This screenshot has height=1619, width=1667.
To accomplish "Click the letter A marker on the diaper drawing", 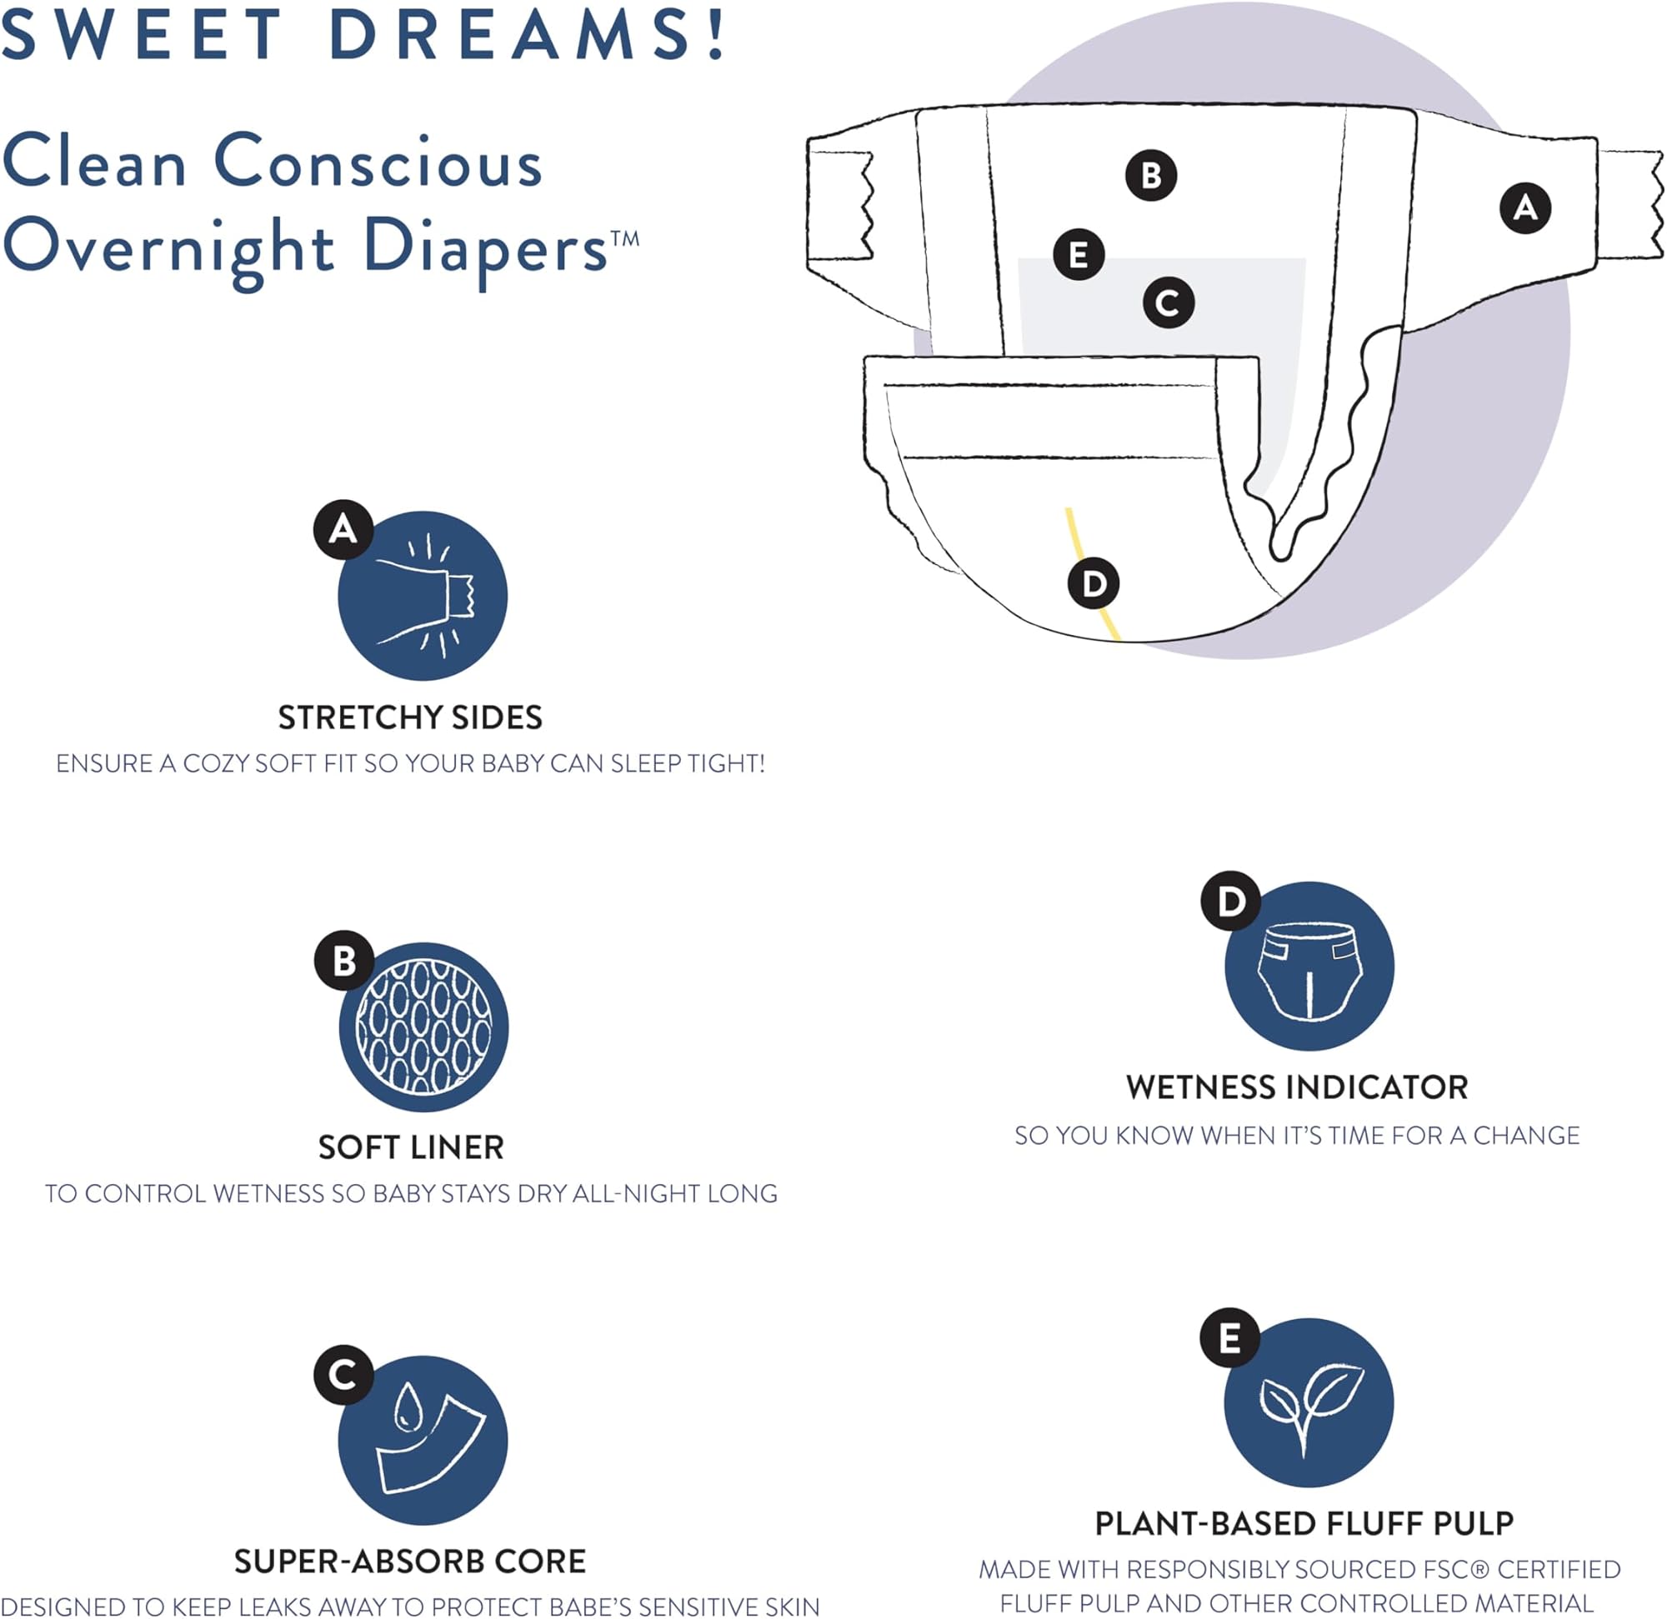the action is click(x=1525, y=207).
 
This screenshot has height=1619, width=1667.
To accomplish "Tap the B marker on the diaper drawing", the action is click(x=1151, y=175).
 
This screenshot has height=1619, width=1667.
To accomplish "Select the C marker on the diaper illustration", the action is click(x=1169, y=302).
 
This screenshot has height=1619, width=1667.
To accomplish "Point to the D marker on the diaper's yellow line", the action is click(x=1093, y=583).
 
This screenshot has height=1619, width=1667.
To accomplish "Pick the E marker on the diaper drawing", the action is click(x=1079, y=254).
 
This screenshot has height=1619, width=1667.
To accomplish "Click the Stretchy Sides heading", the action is click(x=410, y=717).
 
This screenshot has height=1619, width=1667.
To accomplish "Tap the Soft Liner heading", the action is click(x=411, y=1148).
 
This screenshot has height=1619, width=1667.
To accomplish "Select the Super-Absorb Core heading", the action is click(x=410, y=1562).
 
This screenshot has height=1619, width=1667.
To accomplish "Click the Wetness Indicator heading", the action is click(x=1297, y=1087).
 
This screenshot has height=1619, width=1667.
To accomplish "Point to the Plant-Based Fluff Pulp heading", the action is click(x=1304, y=1524).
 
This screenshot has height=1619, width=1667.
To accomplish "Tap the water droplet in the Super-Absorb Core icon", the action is click(x=408, y=1407).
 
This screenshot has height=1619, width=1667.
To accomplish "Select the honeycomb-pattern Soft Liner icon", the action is click(x=423, y=1027).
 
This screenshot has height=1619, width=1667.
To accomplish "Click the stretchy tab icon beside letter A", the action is click(x=423, y=595).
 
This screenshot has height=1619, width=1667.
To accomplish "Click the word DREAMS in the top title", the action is click(x=528, y=35).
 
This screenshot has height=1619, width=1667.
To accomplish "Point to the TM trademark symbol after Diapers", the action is click(x=624, y=239).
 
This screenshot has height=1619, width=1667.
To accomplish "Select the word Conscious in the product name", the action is click(x=378, y=162).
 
